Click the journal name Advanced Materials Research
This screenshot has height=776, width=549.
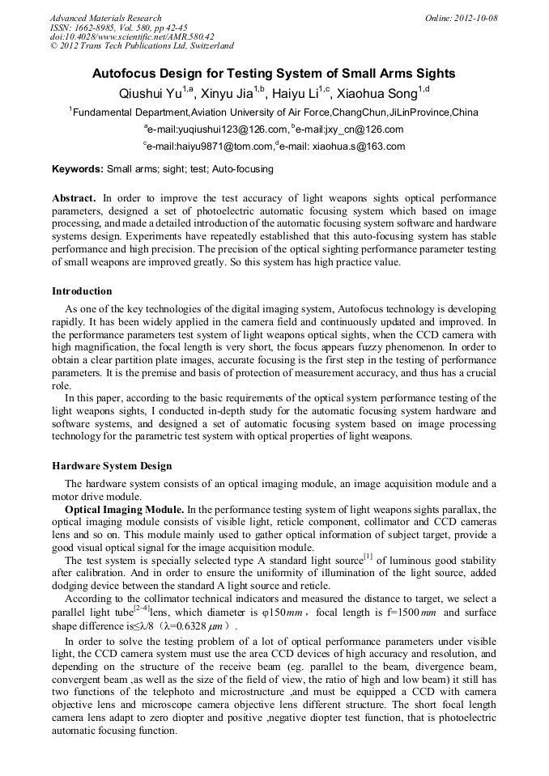pos(105,18)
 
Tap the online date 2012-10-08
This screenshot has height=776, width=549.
pos(471,18)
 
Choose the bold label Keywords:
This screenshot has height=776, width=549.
pos(78,169)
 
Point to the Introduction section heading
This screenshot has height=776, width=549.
pos(82,291)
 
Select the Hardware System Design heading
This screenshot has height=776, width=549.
pos(112,466)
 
